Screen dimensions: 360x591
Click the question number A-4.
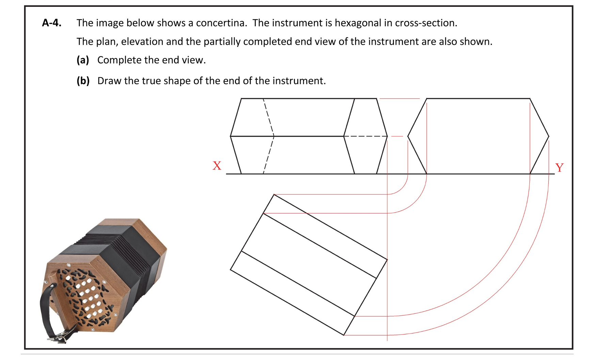[x=51, y=23]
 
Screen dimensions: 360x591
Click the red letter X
[x=217, y=166]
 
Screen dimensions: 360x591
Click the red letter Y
[x=559, y=167]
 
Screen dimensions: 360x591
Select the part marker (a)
[x=83, y=60]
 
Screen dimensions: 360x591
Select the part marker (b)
[x=83, y=81]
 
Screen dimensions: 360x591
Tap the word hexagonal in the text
[x=358, y=23]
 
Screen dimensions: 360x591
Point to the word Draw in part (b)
[x=109, y=81]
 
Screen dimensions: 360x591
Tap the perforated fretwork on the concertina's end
[x=85, y=296]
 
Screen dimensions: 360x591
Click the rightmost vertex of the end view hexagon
[x=548, y=136]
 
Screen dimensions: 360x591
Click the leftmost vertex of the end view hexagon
[x=408, y=136]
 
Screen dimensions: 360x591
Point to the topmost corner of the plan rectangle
[x=274, y=195]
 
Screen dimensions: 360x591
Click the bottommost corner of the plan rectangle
[x=344, y=335]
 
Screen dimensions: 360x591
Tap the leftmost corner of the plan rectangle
[x=230, y=269]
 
